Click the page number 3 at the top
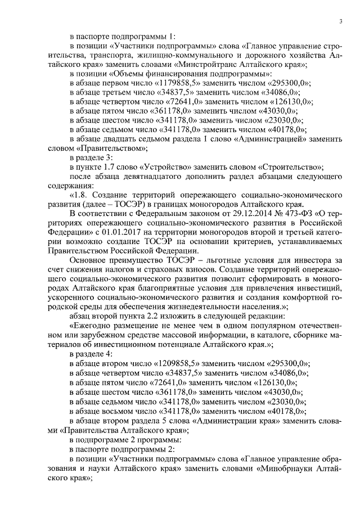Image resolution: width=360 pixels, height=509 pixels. pyautogui.click(x=341, y=21)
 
